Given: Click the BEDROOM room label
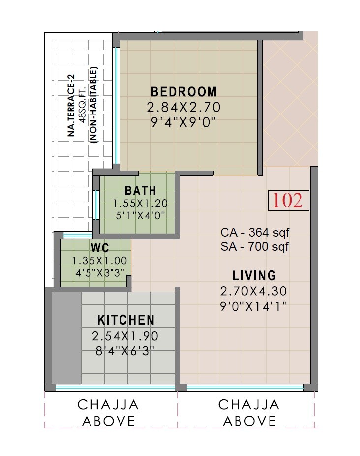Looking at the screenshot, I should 183,92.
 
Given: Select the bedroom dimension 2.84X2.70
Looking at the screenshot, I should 183,107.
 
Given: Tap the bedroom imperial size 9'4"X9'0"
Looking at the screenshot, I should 183,121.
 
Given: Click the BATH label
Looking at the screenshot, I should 140,191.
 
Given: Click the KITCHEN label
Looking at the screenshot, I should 126,320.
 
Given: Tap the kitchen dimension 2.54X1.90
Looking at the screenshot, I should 126,337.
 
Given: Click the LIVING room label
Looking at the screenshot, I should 254,275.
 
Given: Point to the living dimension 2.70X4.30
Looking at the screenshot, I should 254,290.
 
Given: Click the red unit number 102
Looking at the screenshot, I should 288,201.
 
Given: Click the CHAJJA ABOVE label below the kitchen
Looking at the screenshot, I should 108,413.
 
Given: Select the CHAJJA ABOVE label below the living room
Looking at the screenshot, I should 249,413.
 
